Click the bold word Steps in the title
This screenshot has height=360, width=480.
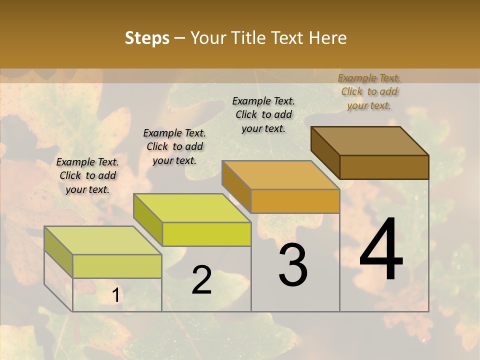(147, 38)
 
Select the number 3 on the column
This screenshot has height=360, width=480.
(293, 265)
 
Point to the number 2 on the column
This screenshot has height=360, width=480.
(201, 280)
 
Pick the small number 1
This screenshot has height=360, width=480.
(115, 296)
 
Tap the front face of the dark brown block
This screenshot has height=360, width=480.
(384, 167)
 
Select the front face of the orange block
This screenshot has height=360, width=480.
(295, 201)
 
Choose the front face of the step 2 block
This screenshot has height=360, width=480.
(206, 234)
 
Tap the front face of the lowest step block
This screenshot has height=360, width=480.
(117, 266)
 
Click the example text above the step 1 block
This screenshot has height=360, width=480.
(87, 175)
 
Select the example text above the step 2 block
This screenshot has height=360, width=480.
(174, 146)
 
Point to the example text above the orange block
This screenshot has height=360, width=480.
(263, 114)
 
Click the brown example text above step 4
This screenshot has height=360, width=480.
(369, 91)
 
